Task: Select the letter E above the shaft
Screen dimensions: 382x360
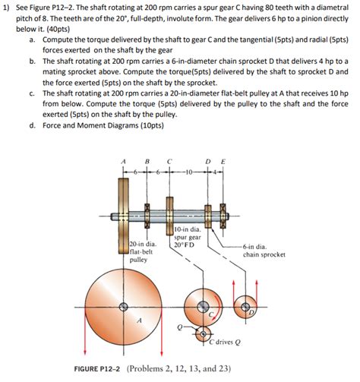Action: pos(222,162)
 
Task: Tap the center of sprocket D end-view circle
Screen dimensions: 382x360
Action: pos(245,305)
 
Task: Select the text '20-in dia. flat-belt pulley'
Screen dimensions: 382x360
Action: pos(137,251)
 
